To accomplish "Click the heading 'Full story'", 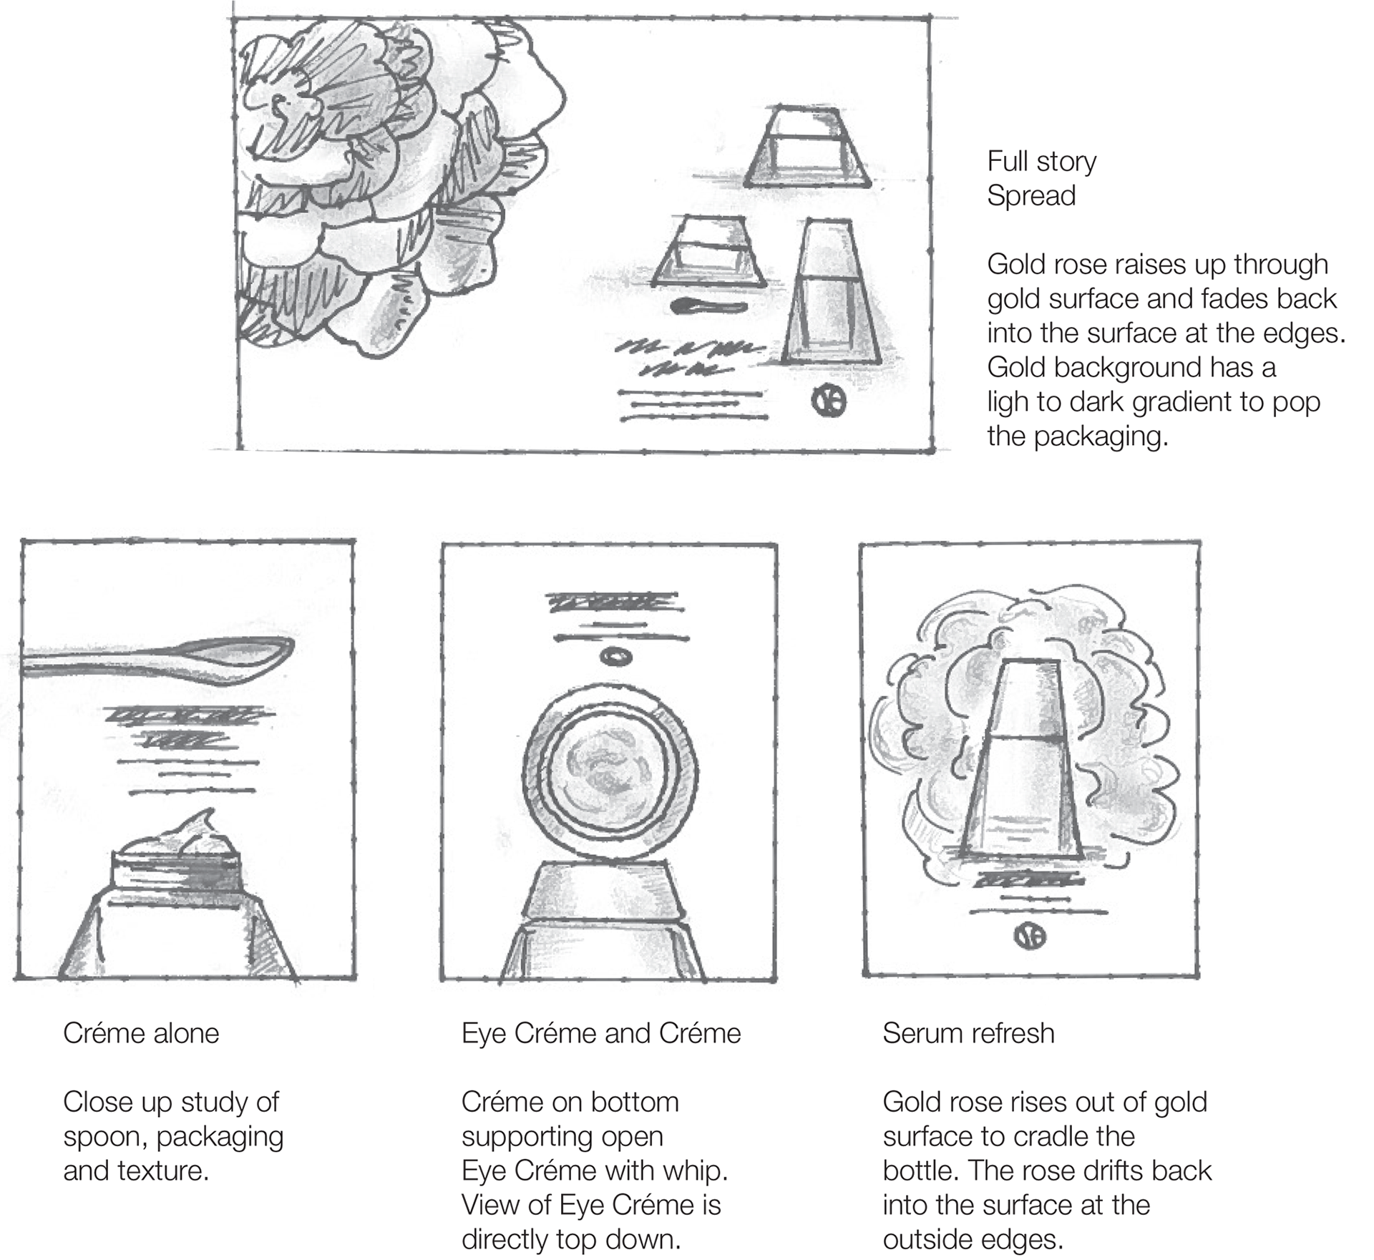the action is pyautogui.click(x=1041, y=162).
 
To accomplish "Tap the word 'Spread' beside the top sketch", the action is pyautogui.click(x=1031, y=196).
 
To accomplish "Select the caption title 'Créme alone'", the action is pyautogui.click(x=141, y=1033).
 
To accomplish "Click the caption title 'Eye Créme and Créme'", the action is pyautogui.click(x=601, y=1033).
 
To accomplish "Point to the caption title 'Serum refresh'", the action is pyautogui.click(x=968, y=1033).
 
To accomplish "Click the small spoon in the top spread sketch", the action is pyautogui.click(x=709, y=307).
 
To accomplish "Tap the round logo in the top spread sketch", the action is pyautogui.click(x=828, y=401).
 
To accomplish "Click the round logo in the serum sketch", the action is pyautogui.click(x=1030, y=936).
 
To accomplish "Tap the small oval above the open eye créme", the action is pyautogui.click(x=613, y=656).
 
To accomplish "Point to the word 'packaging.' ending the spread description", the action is pyautogui.click(x=1101, y=436).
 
